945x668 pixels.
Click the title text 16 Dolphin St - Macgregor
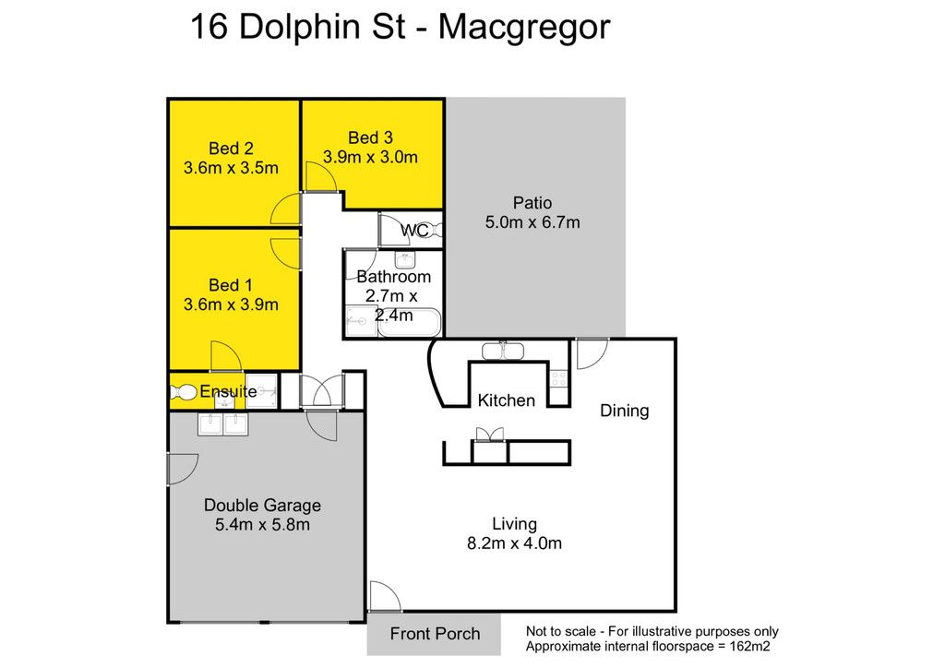pyautogui.click(x=401, y=28)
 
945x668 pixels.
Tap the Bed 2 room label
pyautogui.click(x=231, y=149)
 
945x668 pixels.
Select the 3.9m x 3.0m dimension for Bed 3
pyautogui.click(x=370, y=157)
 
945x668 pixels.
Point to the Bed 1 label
pyautogui.click(x=231, y=285)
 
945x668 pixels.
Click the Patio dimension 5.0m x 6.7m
pyautogui.click(x=532, y=222)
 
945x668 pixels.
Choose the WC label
pyautogui.click(x=414, y=230)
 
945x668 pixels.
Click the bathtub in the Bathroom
pyautogui.click(x=410, y=322)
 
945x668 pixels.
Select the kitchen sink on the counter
pyautogui.click(x=503, y=351)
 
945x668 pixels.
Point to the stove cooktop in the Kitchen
pyautogui.click(x=558, y=379)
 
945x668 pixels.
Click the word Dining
pyautogui.click(x=625, y=411)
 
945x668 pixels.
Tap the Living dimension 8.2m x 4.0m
pyautogui.click(x=514, y=543)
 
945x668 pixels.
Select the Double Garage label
pyautogui.click(x=262, y=506)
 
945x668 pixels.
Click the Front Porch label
pyautogui.click(x=435, y=634)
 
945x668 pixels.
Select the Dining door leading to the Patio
pyautogui.click(x=592, y=354)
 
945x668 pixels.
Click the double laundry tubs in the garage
pyautogui.click(x=223, y=424)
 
